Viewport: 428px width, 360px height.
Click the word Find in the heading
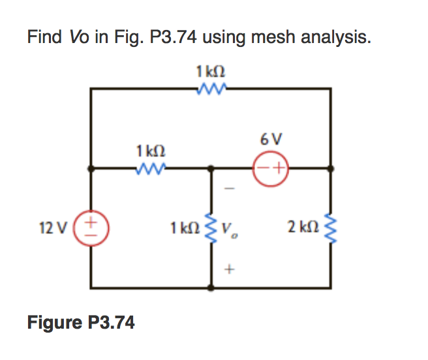pos(43,37)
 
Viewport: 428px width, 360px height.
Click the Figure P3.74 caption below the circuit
pos(81,322)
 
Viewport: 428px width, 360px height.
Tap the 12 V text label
pos(50,228)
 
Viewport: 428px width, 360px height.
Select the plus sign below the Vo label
pos(229,268)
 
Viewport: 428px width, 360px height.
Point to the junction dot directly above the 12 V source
pos(91,168)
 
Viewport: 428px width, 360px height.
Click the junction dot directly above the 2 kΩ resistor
pos(331,168)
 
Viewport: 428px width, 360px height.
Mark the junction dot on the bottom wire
pos(210,287)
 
